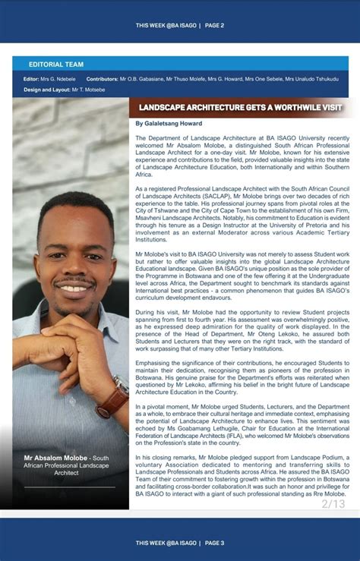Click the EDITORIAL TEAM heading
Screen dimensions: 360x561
click(x=56, y=65)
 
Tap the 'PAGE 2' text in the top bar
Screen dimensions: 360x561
click(x=214, y=25)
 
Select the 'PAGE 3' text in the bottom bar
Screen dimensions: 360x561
click(x=214, y=543)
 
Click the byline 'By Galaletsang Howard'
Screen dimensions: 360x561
click(x=168, y=123)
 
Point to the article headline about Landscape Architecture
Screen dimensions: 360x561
click(x=241, y=108)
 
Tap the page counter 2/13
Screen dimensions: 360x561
click(x=333, y=503)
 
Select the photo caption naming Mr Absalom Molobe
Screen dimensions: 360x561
click(x=67, y=465)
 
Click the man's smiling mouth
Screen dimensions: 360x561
click(x=74, y=288)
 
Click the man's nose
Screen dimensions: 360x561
click(x=74, y=266)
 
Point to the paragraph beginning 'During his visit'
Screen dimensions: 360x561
click(x=242, y=332)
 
